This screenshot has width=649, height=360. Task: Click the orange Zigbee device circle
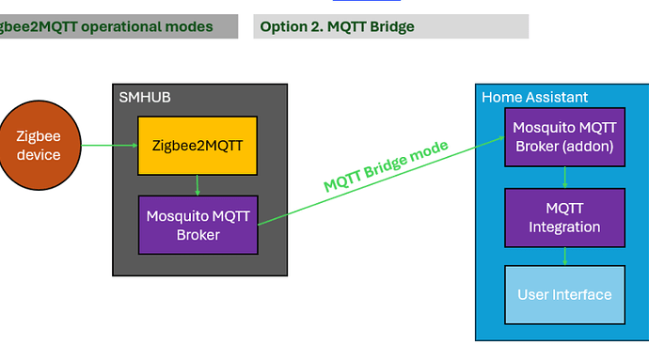pos(38,145)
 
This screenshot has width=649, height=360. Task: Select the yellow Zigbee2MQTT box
pos(198,146)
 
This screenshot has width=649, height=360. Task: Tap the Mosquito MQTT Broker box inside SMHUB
pos(198,225)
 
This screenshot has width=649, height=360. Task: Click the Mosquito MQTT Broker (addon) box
pos(563,135)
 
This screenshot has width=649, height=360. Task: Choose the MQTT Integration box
pos(563,217)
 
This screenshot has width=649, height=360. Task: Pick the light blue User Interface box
pos(563,294)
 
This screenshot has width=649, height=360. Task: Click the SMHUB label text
pos(144,97)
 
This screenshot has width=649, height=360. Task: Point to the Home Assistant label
pos(534,97)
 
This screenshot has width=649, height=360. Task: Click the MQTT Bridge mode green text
pos(386,166)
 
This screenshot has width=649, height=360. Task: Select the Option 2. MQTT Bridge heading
pos(337,26)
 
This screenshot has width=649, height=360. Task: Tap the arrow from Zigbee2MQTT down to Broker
pos(198,184)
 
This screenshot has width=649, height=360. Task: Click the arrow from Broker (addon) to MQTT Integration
pos(563,176)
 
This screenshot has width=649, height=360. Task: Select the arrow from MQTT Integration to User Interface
pos(563,256)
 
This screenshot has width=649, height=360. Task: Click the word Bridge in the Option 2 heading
pos(390,26)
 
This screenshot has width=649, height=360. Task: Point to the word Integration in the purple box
pos(563,227)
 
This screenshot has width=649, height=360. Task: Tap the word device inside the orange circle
pos(39,154)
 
